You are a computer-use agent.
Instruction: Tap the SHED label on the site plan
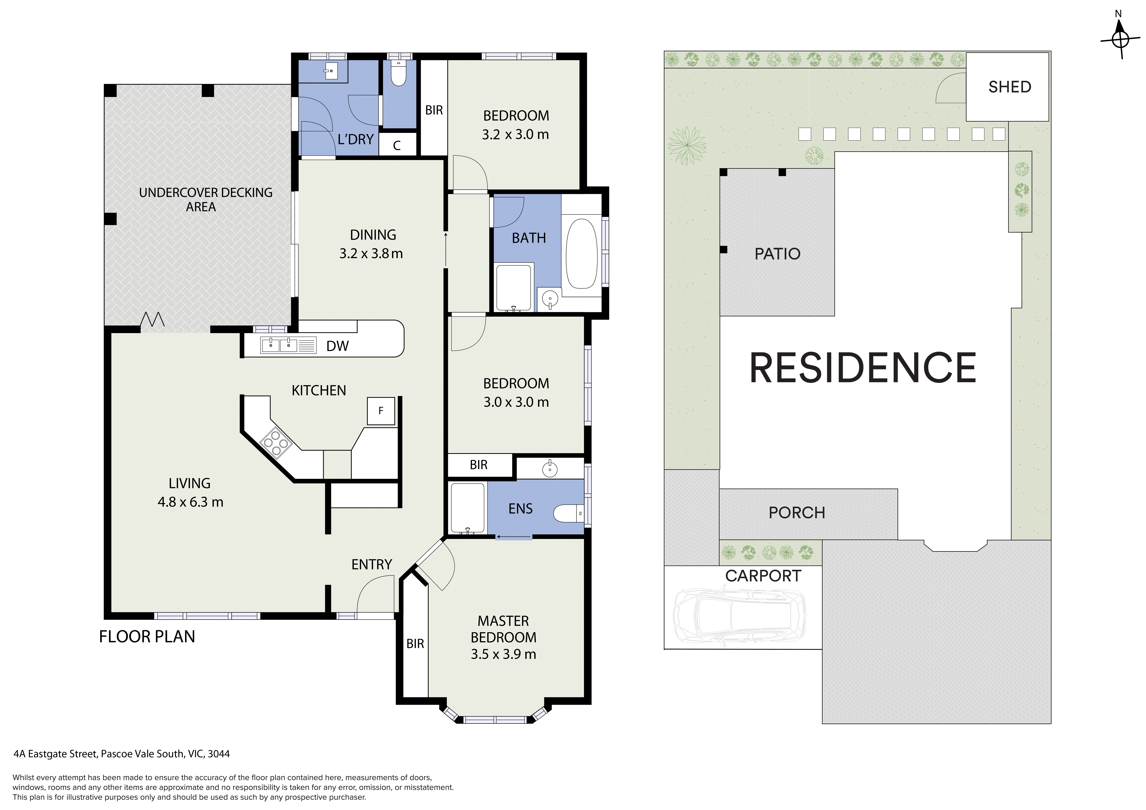[1010, 87]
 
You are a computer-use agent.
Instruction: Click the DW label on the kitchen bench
[337, 346]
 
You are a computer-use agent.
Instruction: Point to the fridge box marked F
[381, 411]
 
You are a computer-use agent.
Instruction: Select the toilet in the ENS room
[568, 513]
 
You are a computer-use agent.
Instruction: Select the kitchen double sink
[279, 345]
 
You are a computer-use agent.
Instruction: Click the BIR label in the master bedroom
[415, 644]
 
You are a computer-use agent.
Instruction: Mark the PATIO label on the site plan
[777, 254]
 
